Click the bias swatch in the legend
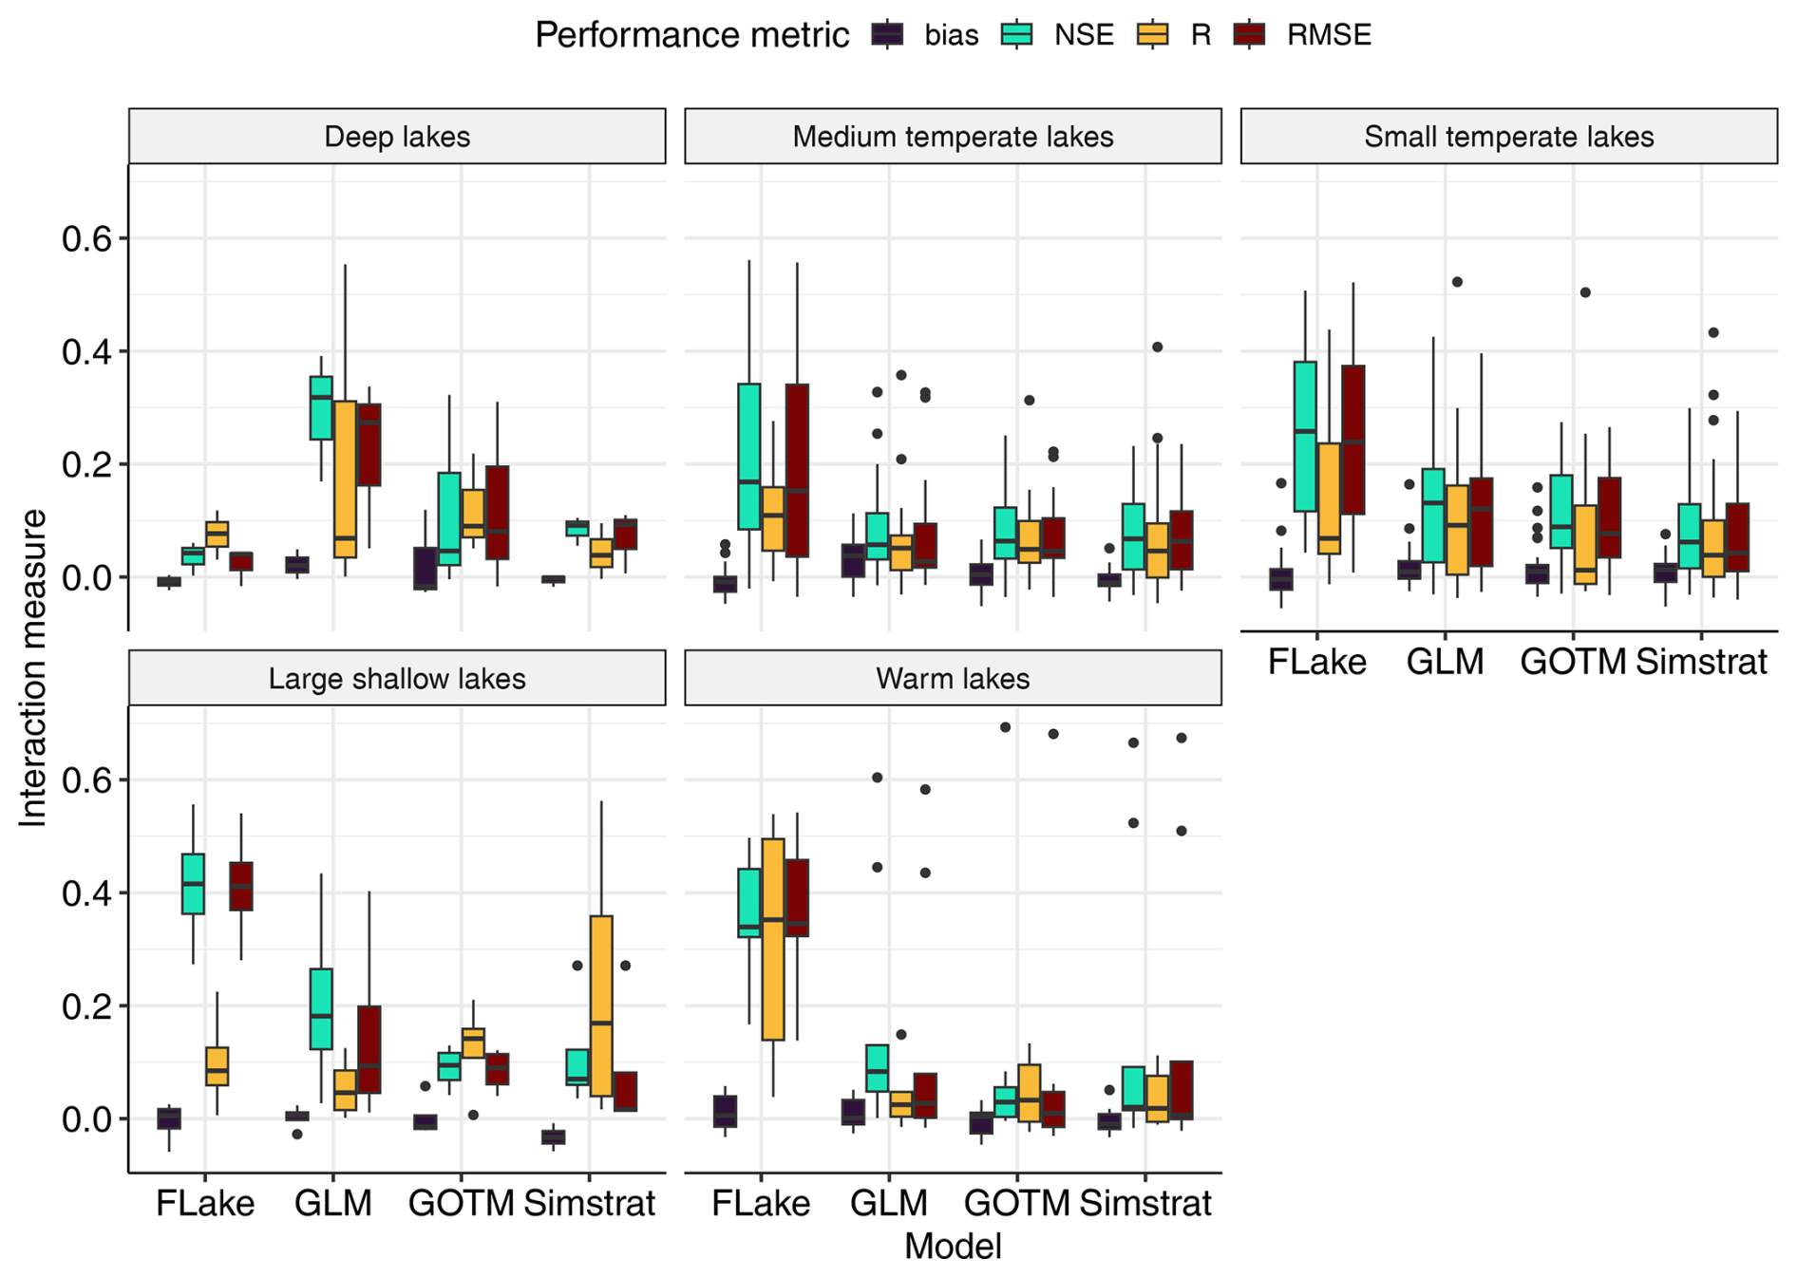887,35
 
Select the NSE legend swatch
1017,35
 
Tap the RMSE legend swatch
1249,35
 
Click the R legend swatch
1152,35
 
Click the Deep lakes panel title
397,137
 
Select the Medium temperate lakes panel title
953,137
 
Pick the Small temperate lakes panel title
1508,137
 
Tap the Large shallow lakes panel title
397,679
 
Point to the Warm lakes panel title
953,679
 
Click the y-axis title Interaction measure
33,667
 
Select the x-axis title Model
953,1246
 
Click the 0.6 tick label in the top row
86,239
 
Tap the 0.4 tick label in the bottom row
86,893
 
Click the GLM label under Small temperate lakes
1445,662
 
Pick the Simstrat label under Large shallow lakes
590,1204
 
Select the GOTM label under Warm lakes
1016,1204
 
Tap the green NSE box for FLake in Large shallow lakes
193,883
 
